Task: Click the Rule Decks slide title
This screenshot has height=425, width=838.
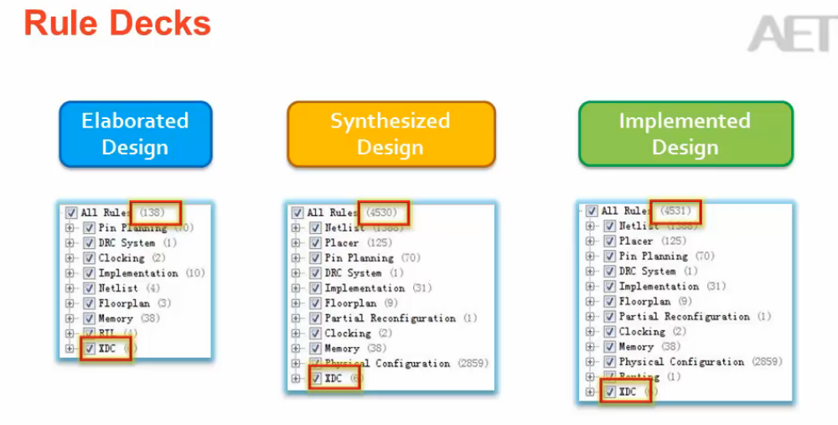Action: (x=117, y=23)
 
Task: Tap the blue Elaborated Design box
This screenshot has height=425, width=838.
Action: (x=135, y=134)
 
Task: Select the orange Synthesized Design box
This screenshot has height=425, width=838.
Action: (x=391, y=134)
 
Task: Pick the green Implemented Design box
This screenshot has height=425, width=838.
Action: (x=685, y=134)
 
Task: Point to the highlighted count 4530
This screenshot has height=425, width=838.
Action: (x=382, y=213)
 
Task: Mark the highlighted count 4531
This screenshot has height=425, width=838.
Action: (x=675, y=211)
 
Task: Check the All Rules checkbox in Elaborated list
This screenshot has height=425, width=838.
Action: (x=71, y=213)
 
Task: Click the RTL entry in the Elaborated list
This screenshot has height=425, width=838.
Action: (x=107, y=334)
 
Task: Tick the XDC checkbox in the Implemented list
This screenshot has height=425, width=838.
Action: (x=609, y=392)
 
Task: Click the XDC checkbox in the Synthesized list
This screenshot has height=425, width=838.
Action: (x=315, y=379)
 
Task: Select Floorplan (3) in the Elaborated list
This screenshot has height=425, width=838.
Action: (x=134, y=303)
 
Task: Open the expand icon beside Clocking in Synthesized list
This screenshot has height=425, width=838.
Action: (x=295, y=334)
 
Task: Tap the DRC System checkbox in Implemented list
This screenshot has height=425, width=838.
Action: (x=609, y=272)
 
